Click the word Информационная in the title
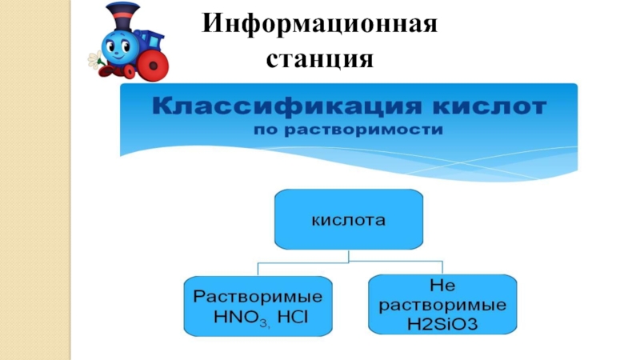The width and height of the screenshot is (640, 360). [320, 23]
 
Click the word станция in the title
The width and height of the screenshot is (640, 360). [320, 58]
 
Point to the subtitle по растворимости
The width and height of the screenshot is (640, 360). [348, 130]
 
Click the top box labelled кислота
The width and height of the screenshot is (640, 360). [348, 218]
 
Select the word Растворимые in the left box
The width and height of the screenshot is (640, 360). [260, 295]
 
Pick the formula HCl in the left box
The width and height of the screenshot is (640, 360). [294, 317]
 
